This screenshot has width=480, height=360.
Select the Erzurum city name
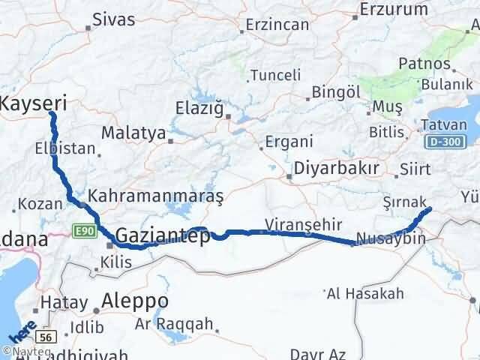pos(393,10)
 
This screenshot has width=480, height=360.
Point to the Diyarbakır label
pos(336,167)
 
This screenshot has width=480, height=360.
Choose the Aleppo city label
pos(136,301)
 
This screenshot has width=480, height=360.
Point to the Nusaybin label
pos(391,238)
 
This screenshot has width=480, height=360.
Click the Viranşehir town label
pos(304,223)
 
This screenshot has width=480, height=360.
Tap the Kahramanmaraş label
pos(156,196)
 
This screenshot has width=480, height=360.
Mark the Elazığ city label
pos(199,107)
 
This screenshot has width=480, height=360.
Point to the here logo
pos(21,330)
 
